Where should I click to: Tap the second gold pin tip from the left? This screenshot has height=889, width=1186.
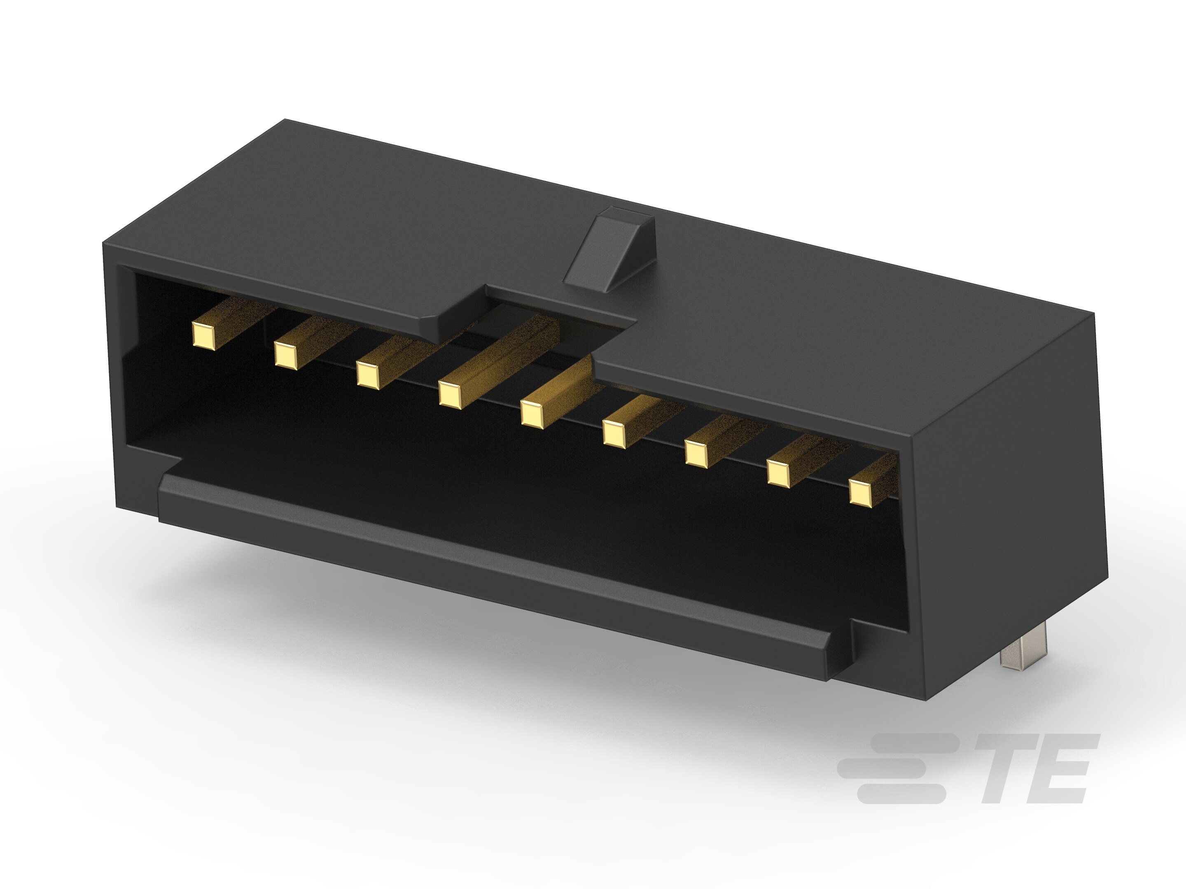(286, 355)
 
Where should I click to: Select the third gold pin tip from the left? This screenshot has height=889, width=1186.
(368, 375)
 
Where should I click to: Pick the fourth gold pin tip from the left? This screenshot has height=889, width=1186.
(450, 395)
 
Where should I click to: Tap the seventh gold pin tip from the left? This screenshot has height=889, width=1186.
(696, 453)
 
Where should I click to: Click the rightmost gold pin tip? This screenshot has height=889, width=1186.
(861, 492)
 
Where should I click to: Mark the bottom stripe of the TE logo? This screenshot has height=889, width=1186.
(901, 794)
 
